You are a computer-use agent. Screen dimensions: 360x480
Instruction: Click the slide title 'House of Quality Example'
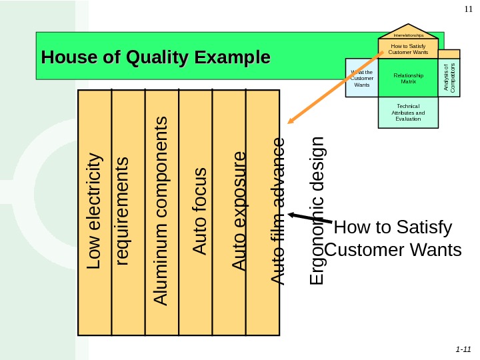(155, 57)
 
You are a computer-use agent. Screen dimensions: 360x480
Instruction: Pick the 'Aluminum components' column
(161, 211)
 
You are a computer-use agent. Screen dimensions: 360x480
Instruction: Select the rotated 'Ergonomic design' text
(319, 211)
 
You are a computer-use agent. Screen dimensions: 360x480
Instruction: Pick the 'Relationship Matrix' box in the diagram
(409, 78)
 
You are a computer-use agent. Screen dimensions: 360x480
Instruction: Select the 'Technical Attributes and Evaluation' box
(409, 112)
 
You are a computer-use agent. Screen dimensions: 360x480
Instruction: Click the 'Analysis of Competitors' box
(450, 77)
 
